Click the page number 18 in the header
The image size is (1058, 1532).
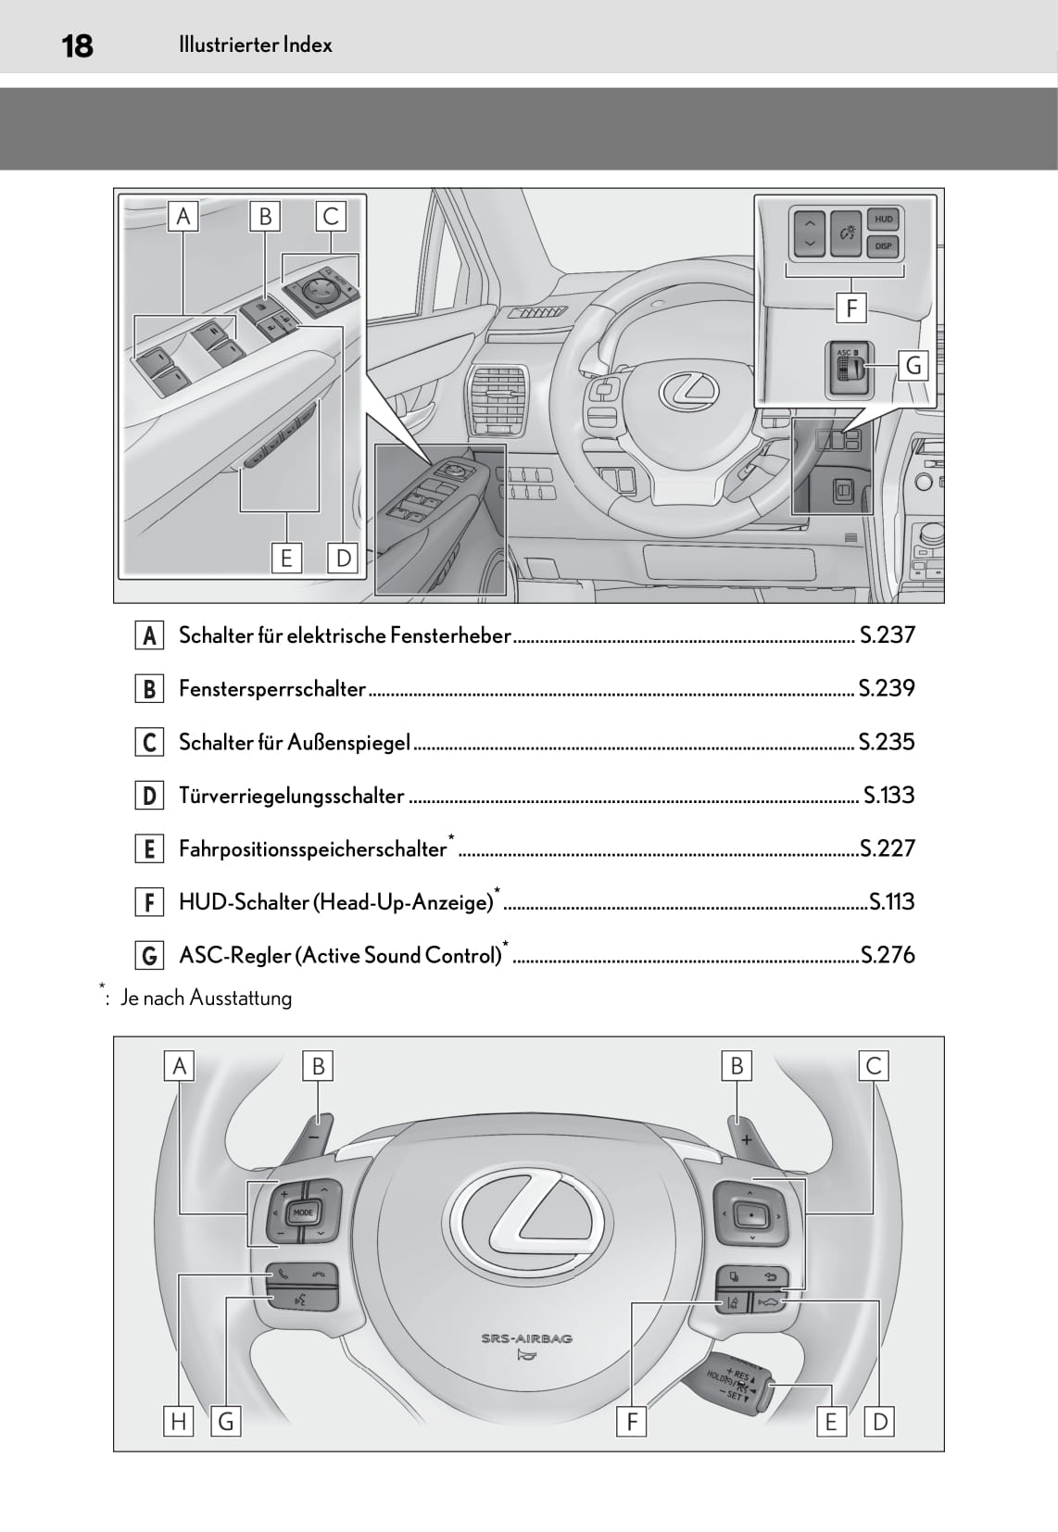coord(77,45)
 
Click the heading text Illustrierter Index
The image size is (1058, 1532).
coord(255,44)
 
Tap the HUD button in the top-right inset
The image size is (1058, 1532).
coord(883,220)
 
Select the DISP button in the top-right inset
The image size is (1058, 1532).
coord(883,245)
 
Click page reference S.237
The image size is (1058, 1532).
coord(887,634)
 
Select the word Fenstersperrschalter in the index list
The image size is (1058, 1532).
coord(272,688)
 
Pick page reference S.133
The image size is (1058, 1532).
coord(888,795)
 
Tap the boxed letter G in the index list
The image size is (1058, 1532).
coord(149,955)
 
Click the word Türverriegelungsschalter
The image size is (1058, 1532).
coord(291,796)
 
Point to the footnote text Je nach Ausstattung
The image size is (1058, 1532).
coord(206,998)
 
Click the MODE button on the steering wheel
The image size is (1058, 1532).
coord(303,1212)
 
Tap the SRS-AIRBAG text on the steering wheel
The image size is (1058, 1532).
coord(526,1337)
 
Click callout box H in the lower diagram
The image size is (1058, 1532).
coord(179,1421)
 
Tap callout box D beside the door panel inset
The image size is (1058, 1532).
coord(343,558)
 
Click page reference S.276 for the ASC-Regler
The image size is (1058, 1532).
coord(888,955)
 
